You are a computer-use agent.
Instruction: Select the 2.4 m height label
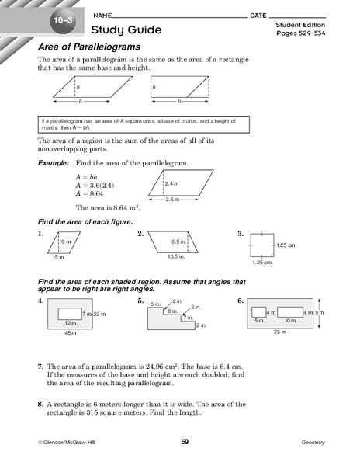172,183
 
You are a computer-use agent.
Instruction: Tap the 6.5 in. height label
179,242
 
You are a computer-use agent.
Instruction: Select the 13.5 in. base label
175,257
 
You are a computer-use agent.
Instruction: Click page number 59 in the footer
185,442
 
